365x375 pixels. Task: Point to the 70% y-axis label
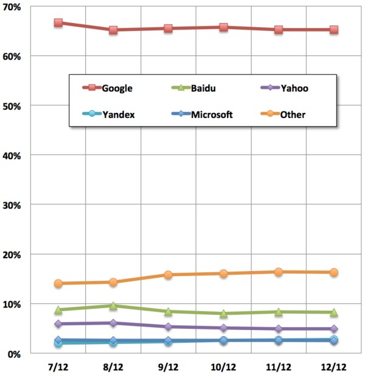click(x=14, y=7)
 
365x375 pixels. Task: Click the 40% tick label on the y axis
click(x=14, y=156)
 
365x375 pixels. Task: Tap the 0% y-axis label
click(x=16, y=354)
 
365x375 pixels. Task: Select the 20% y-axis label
click(x=14, y=255)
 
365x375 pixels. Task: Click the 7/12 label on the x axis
click(x=58, y=367)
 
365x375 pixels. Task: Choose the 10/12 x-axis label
click(x=223, y=367)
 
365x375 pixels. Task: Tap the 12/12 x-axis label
click(x=333, y=367)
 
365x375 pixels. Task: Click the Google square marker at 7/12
click(x=58, y=22)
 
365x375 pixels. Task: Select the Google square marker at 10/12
click(x=223, y=27)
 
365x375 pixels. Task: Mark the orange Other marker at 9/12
click(x=168, y=275)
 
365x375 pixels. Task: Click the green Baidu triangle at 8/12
click(x=113, y=306)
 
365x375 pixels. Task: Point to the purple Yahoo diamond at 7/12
click(x=58, y=324)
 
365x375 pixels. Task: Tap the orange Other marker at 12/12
click(x=333, y=272)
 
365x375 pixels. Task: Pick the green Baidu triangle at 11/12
click(x=279, y=312)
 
